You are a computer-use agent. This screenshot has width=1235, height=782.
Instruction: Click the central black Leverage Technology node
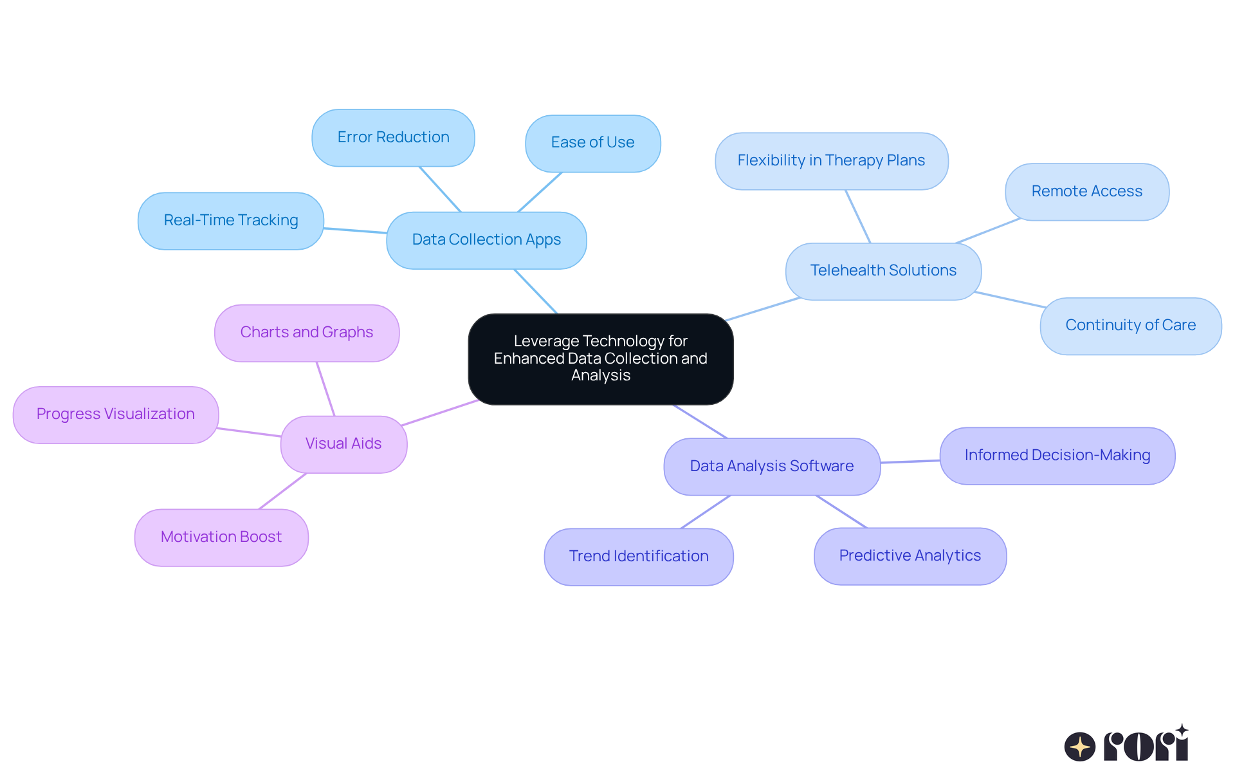point(600,358)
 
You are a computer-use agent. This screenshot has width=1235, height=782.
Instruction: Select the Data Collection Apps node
point(486,240)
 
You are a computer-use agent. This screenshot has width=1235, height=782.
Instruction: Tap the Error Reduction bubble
point(393,138)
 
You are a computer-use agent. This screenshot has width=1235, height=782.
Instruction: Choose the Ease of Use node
point(592,143)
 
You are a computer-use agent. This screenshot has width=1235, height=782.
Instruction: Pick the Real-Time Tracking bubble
point(230,221)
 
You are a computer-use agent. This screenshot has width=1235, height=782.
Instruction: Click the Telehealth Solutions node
point(883,271)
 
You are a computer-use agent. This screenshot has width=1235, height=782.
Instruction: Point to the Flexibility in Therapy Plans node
point(831,161)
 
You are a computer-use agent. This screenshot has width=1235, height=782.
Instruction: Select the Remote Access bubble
point(1086,192)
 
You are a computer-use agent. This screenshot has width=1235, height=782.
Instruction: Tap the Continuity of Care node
point(1130,326)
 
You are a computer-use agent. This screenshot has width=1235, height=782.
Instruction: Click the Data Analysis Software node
point(771,467)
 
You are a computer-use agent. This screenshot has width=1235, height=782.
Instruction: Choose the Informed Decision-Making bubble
point(1057,456)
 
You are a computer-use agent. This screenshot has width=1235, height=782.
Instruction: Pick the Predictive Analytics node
point(910,556)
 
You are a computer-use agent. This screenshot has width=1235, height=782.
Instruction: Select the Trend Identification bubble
point(638,557)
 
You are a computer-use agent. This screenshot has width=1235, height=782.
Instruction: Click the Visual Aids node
point(343,444)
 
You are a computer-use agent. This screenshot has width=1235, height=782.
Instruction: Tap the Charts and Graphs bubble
point(306,333)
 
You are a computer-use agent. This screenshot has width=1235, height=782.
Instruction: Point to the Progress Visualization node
point(115,414)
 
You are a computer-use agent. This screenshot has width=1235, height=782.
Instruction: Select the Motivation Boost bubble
point(221,537)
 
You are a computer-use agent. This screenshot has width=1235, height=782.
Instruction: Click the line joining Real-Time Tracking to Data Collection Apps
point(355,230)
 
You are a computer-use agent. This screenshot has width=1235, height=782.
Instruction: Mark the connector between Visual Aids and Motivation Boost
point(283,491)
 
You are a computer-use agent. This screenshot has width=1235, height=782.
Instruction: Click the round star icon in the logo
point(1079,747)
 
